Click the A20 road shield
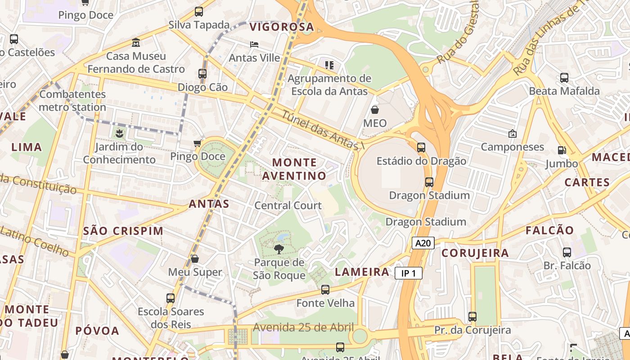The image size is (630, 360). (x=423, y=243)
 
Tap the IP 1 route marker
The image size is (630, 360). (x=409, y=273)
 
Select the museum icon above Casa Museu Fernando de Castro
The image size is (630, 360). (x=136, y=43)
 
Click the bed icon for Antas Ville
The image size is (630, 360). (x=254, y=45)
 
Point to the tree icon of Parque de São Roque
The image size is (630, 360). (x=279, y=249)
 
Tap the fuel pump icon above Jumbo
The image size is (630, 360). (x=562, y=150)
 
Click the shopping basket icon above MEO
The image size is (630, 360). (x=374, y=110)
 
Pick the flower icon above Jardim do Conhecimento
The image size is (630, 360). (x=119, y=133)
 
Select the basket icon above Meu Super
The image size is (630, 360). (x=195, y=259)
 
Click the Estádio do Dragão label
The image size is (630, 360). (x=421, y=161)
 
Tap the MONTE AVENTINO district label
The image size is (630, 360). (x=294, y=169)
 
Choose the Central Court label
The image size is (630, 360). (x=288, y=206)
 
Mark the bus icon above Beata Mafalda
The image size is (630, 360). (x=564, y=77)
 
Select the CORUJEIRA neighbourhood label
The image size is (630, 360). (x=475, y=253)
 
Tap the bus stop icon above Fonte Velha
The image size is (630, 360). (x=325, y=289)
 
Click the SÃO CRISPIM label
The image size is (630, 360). (x=123, y=231)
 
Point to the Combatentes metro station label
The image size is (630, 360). (x=72, y=101)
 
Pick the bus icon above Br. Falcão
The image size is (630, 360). (x=567, y=252)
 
